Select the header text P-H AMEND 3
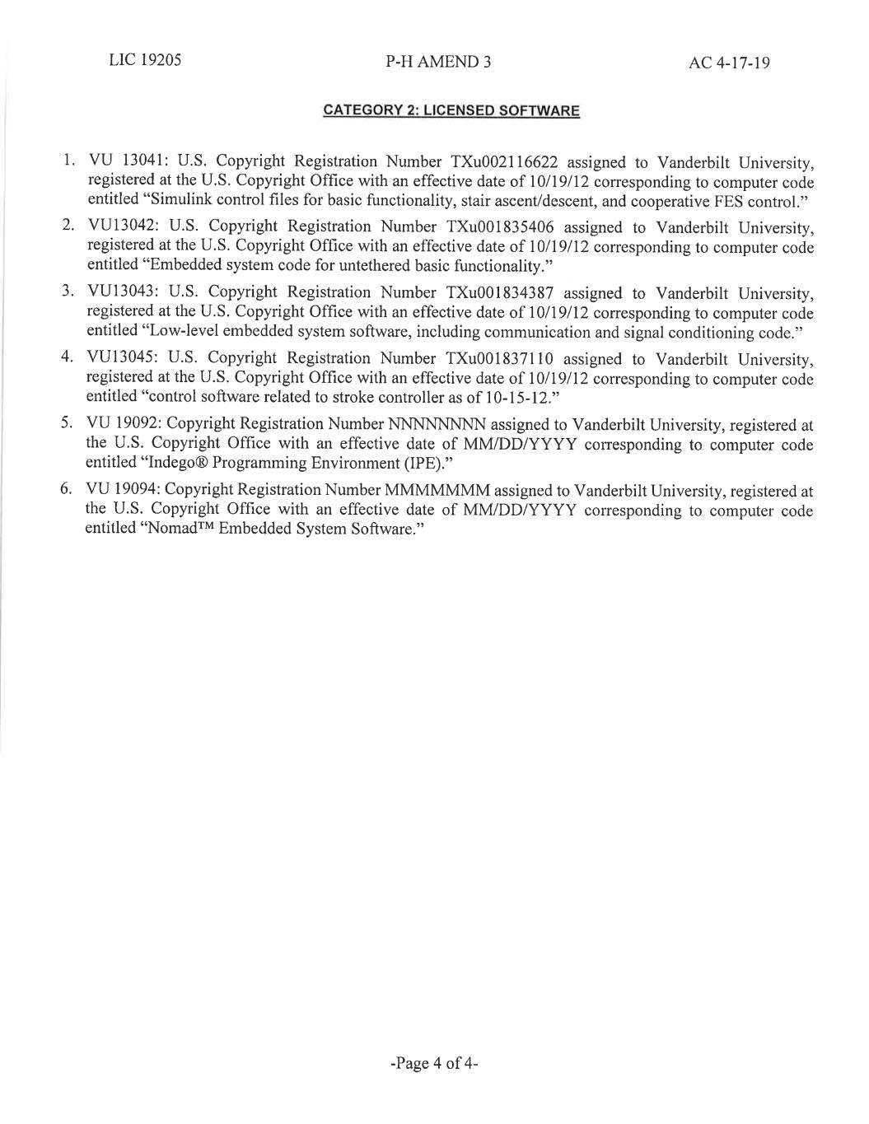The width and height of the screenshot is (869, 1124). tap(437, 62)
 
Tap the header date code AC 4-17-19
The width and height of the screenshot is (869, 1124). tap(729, 63)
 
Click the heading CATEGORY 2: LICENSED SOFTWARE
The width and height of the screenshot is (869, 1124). tap(451, 110)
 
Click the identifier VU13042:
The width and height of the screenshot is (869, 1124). tap(122, 226)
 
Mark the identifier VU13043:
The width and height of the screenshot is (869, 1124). tap(122, 292)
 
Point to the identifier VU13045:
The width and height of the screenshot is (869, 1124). tap(122, 358)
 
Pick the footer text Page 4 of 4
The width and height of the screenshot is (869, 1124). tap(434, 1063)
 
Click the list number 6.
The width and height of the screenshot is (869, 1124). tap(65, 490)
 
